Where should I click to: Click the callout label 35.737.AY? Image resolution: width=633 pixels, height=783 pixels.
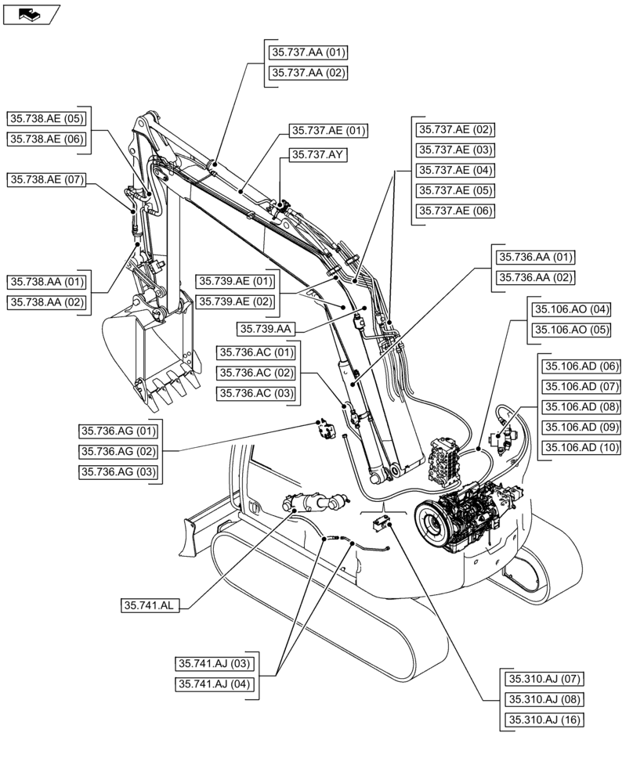[317, 155]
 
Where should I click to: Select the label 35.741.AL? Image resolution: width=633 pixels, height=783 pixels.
[150, 605]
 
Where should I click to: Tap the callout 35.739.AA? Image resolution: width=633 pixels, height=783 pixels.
[267, 329]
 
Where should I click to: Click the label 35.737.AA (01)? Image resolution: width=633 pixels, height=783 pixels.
[308, 52]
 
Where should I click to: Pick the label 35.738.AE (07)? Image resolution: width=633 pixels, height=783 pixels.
[46, 180]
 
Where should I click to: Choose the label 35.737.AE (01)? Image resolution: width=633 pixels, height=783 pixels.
[328, 131]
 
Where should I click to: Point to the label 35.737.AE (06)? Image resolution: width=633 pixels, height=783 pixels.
[455, 211]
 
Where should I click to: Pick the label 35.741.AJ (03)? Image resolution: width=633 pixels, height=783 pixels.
[213, 664]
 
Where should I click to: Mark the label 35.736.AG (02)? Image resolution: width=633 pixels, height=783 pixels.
[118, 451]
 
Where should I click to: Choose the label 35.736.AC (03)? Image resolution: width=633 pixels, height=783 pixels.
[256, 393]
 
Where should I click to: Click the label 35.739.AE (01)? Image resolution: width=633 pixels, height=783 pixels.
[235, 281]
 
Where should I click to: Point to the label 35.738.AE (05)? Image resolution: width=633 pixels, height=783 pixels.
[46, 119]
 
